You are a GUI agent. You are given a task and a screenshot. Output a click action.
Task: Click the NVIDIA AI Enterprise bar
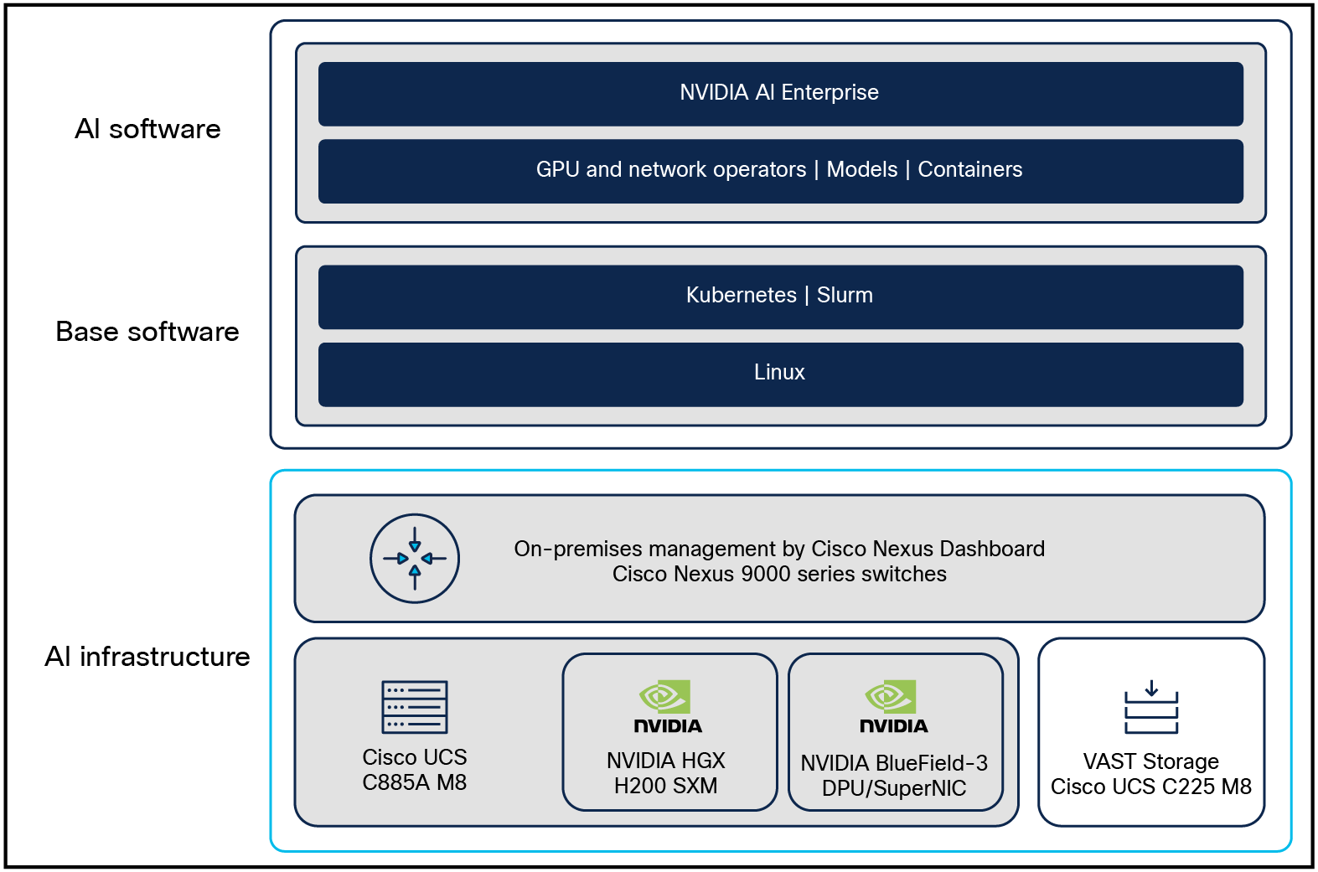point(779,93)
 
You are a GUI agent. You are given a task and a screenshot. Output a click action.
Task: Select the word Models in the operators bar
point(861,170)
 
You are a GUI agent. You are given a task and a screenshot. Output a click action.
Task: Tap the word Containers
point(969,170)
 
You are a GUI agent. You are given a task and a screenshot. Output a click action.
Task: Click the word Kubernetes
point(741,296)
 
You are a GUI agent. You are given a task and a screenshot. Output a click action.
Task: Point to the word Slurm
point(845,296)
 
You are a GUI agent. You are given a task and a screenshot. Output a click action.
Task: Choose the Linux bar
point(779,373)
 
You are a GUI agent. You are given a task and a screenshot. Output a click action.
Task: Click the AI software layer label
point(147,129)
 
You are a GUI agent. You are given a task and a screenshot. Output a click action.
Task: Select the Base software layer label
point(147,332)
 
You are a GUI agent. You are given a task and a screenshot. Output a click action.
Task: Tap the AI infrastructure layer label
point(147,657)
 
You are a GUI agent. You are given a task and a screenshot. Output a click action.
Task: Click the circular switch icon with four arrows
point(415,559)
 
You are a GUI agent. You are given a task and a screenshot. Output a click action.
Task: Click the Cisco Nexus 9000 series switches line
point(779,575)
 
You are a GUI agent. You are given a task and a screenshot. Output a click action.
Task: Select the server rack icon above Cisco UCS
point(415,707)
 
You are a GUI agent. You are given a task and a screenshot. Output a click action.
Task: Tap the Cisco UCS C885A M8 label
point(415,770)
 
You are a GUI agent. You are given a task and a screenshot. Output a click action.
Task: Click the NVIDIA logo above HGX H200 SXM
point(667,707)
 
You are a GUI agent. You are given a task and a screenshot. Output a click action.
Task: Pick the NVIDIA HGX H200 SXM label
point(666,773)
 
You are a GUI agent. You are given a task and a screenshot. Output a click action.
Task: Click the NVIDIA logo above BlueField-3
point(893,707)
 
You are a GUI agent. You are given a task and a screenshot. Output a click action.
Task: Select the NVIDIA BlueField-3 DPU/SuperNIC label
point(894,776)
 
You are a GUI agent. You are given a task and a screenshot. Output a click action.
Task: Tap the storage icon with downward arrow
point(1151,707)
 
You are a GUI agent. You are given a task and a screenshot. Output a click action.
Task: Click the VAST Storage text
point(1150,761)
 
